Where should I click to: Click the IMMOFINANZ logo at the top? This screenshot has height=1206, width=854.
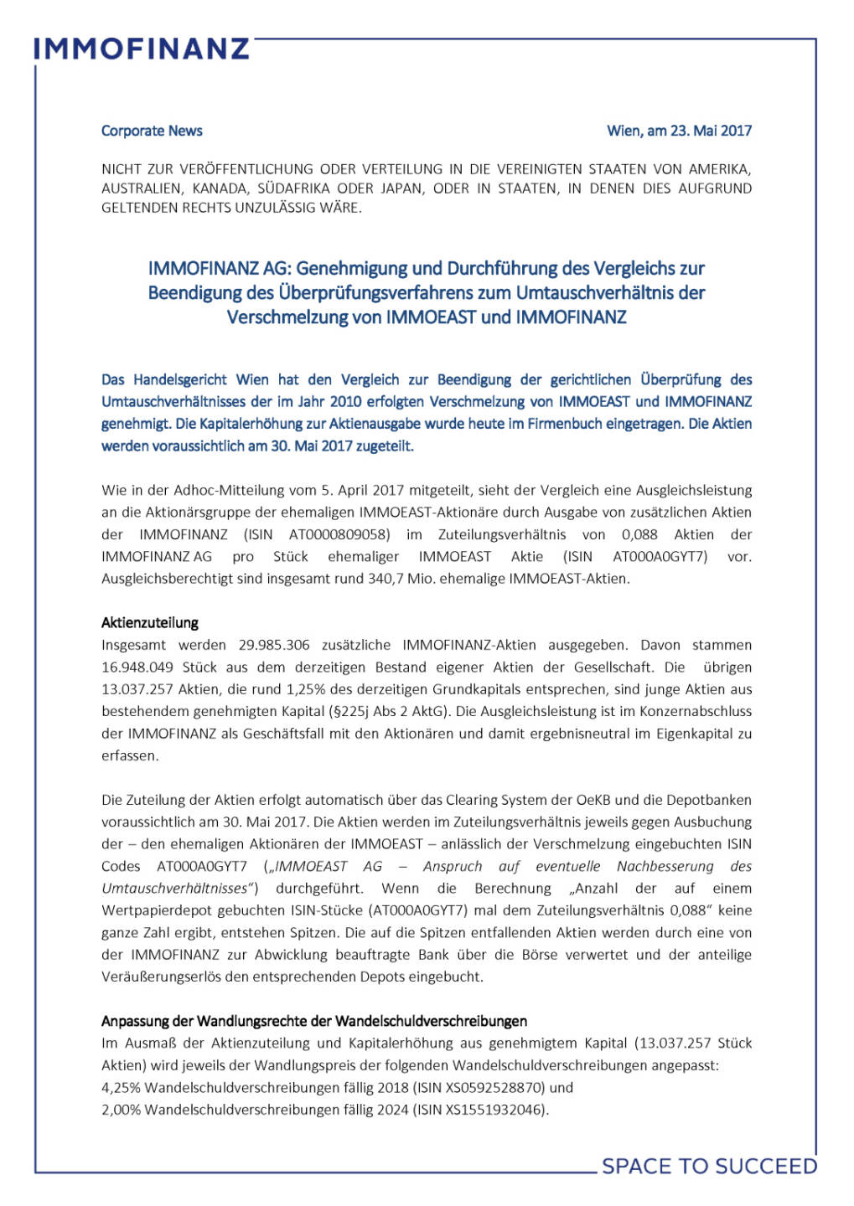(x=142, y=49)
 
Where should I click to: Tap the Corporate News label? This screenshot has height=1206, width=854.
(x=152, y=131)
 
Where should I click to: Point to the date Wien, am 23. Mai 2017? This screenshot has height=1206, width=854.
(x=679, y=131)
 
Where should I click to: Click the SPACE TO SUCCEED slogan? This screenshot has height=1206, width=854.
(x=709, y=1166)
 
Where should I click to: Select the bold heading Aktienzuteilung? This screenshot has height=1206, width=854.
(x=150, y=623)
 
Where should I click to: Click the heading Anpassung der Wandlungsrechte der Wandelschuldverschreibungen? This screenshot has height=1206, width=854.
(x=314, y=1021)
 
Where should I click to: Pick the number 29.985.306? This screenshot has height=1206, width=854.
(x=274, y=645)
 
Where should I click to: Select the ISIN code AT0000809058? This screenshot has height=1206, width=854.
(x=339, y=534)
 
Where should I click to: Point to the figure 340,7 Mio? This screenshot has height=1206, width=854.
(x=398, y=579)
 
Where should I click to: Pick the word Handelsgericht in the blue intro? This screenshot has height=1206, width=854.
(x=179, y=379)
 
